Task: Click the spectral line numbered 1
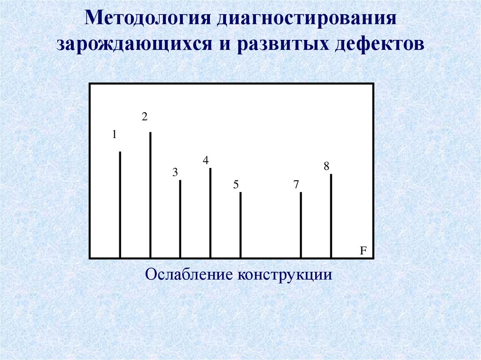(x=120, y=205)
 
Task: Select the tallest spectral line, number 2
(x=150, y=195)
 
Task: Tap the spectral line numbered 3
(x=180, y=219)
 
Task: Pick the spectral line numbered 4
(x=210, y=213)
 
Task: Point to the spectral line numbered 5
(x=240, y=225)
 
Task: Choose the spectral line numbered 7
(x=301, y=225)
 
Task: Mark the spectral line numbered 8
(x=331, y=216)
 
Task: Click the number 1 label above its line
(x=114, y=135)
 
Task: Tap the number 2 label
(x=145, y=117)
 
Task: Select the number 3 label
(x=175, y=173)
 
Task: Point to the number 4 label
(x=205, y=161)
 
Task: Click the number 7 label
(x=296, y=185)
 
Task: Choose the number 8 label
(x=326, y=167)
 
